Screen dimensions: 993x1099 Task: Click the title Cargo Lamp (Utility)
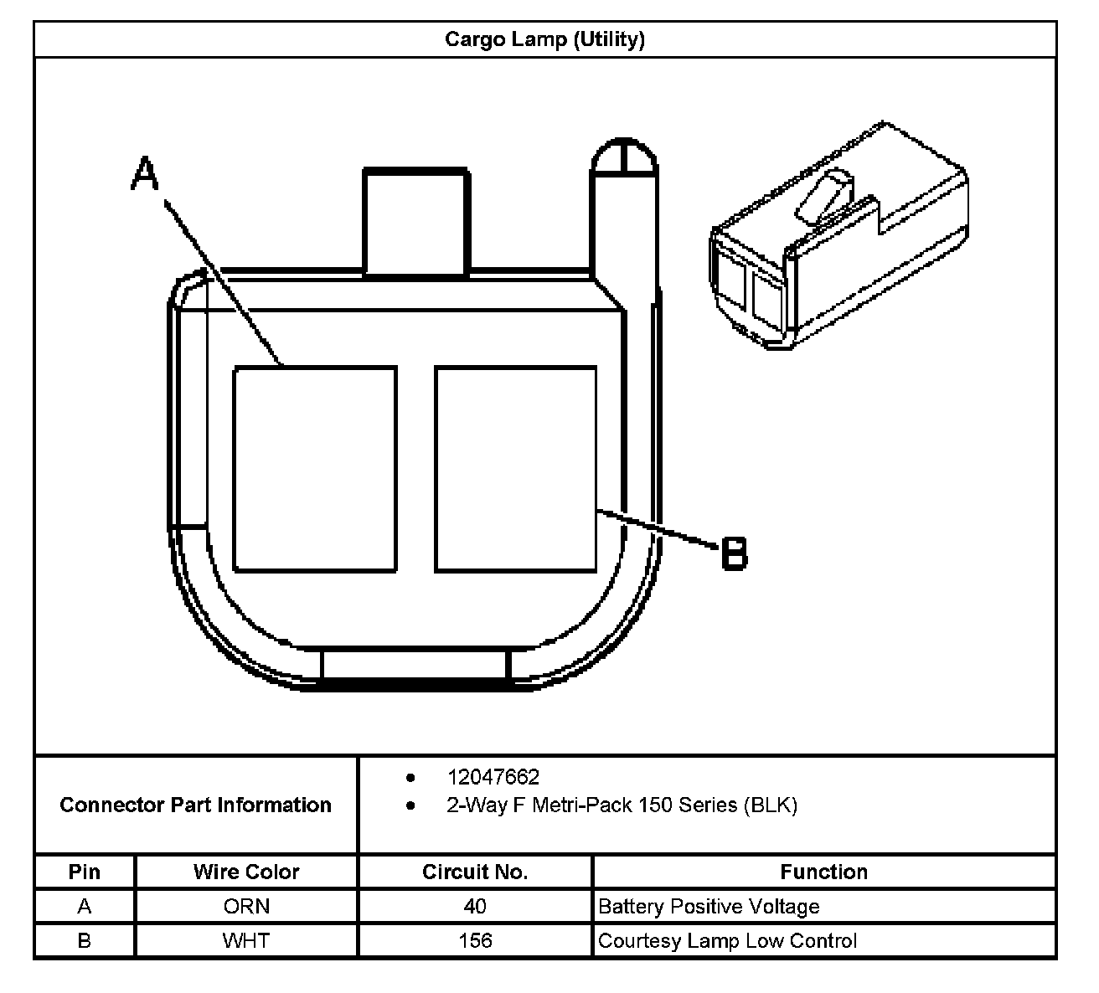click(544, 39)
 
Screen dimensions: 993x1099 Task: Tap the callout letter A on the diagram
click(145, 174)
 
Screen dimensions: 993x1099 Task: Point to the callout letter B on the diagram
click(735, 553)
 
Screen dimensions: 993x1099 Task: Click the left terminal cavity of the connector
click(315, 469)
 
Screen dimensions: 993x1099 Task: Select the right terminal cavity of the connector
click(516, 469)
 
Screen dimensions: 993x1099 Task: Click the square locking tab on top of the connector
click(415, 222)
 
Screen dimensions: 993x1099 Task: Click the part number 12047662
click(493, 778)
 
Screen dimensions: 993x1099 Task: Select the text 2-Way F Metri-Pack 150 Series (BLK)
click(622, 805)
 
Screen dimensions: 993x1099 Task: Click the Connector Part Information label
click(196, 805)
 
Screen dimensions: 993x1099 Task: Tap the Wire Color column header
click(246, 872)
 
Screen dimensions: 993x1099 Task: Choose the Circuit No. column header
click(475, 872)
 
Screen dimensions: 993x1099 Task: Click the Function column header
click(823, 872)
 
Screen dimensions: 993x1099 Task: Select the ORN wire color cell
click(246, 907)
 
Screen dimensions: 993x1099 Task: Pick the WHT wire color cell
click(246, 941)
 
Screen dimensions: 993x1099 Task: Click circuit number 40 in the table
click(475, 907)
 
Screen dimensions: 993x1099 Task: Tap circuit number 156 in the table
click(475, 941)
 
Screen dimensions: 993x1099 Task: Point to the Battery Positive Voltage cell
click(709, 907)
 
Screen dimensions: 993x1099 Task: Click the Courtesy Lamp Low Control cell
click(727, 941)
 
